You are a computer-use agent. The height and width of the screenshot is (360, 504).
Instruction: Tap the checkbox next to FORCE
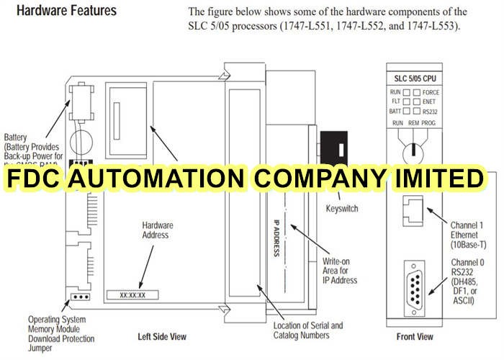417,92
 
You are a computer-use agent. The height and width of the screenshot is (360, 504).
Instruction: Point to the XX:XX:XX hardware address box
132,294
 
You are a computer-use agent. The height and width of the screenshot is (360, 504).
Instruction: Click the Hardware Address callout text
155,230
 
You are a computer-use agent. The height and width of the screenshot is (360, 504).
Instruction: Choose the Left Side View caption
162,336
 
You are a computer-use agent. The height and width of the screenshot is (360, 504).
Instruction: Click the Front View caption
415,336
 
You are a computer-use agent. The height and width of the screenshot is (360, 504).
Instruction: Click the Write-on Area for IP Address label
340,270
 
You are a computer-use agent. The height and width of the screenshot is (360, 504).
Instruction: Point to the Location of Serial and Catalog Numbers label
308,330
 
